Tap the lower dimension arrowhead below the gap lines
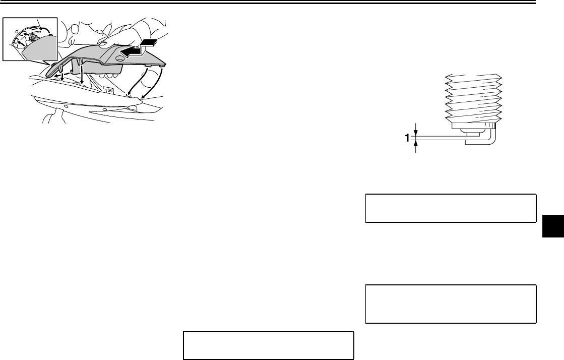click(415, 144)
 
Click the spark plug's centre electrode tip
click(472, 135)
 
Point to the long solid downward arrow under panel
click(82, 71)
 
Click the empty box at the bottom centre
click(269, 345)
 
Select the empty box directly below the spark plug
click(450, 208)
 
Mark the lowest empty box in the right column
click(450, 304)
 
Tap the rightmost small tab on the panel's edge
click(161, 65)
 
